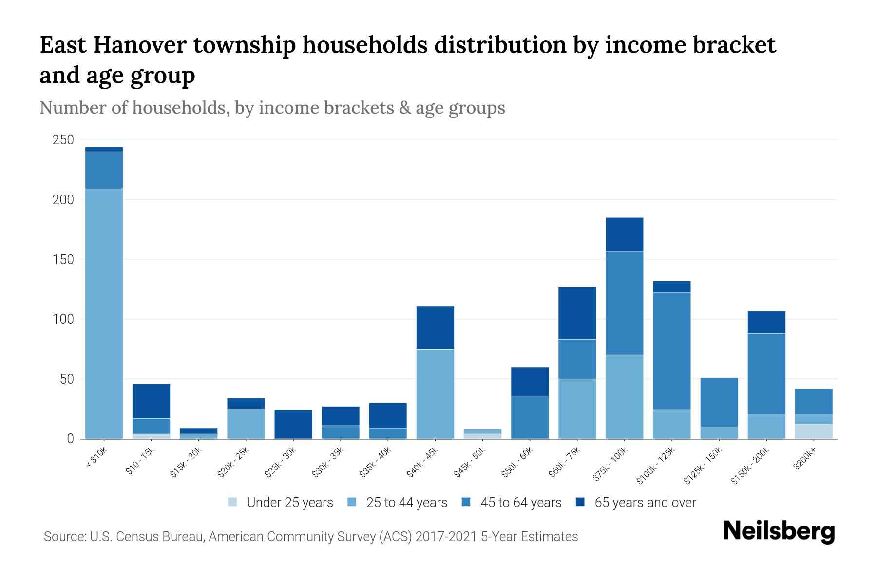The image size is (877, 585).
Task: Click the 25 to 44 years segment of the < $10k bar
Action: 104,312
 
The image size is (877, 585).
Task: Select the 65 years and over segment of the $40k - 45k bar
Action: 435,327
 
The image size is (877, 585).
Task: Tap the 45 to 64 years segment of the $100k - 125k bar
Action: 672,351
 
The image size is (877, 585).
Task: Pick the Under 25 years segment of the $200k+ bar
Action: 814,431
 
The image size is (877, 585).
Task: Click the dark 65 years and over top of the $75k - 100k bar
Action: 624,234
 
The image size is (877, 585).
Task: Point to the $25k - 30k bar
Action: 293,424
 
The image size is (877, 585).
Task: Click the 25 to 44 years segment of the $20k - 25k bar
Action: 246,423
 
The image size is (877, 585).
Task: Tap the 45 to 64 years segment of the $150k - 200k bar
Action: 766,374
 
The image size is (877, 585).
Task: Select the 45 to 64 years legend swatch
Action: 466,502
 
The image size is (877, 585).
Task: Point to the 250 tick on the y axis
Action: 63,140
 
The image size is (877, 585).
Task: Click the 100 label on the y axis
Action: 63,319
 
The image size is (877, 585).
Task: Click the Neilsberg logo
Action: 779,531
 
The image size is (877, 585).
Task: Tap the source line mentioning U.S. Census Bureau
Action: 310,537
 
